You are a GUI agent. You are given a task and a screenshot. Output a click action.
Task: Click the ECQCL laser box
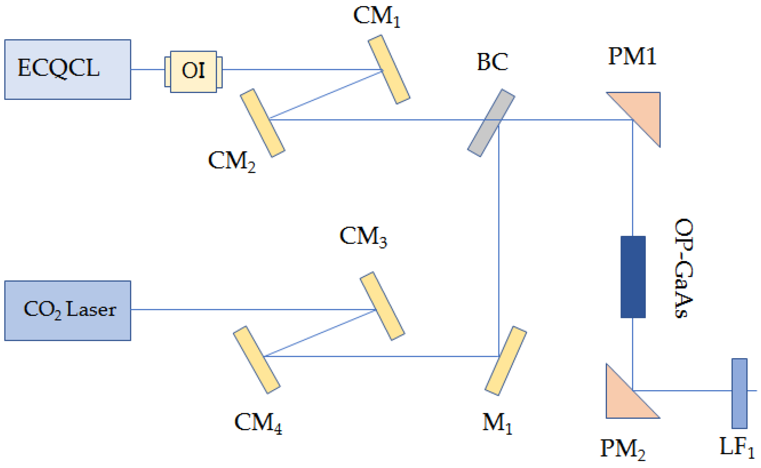(68, 70)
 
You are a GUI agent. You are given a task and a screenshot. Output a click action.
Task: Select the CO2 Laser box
(68, 311)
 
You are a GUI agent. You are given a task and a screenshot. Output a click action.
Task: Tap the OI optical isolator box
(193, 72)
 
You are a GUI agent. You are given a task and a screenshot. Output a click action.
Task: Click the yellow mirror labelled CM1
(389, 69)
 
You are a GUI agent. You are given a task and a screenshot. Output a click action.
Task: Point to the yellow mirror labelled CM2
(263, 123)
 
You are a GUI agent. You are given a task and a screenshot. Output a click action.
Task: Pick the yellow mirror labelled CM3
(383, 306)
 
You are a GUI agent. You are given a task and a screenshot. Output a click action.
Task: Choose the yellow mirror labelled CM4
(257, 360)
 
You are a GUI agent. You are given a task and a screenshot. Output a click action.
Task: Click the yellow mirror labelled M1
(506, 361)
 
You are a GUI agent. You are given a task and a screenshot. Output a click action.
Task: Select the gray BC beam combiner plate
(491, 123)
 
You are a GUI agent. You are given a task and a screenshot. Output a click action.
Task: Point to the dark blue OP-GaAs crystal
(633, 277)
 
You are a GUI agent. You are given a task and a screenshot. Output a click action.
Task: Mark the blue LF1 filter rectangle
(739, 393)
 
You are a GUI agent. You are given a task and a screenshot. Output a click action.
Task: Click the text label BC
(492, 62)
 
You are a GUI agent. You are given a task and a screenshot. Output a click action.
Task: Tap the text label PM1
(632, 56)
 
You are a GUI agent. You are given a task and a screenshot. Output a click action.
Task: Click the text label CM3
(363, 237)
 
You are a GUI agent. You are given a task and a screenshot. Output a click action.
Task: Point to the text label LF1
(737, 447)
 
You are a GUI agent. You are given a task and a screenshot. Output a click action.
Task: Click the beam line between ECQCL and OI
(148, 70)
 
